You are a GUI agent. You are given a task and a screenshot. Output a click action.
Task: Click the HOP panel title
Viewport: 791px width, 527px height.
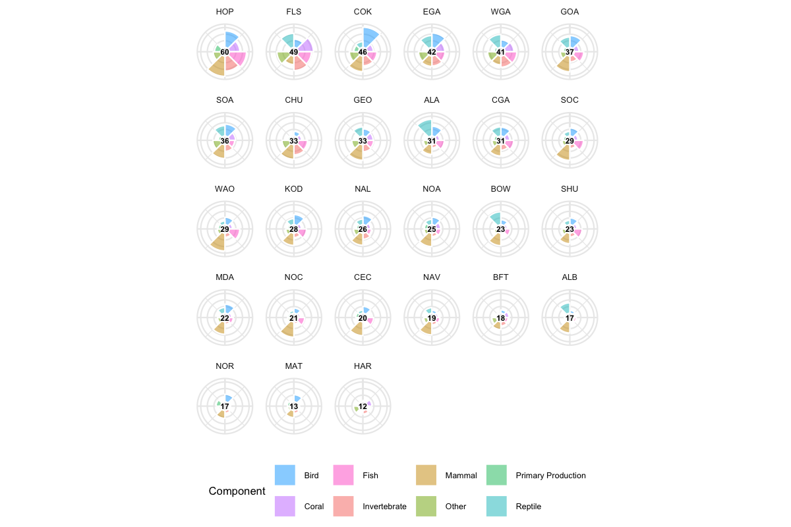[x=225, y=12]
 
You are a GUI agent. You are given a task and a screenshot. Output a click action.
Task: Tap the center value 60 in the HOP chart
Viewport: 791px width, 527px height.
[x=225, y=52]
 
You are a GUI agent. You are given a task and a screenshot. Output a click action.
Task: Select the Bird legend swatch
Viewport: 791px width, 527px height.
[x=285, y=475]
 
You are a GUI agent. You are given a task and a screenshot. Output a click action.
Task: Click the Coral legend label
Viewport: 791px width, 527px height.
[x=314, y=507]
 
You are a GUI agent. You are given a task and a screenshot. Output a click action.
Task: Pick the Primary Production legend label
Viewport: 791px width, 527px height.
[x=550, y=475]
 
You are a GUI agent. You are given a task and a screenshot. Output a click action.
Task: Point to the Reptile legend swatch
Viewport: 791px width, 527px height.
[x=496, y=507]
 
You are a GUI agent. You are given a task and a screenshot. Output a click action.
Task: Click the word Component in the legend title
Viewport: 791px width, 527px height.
[x=237, y=491]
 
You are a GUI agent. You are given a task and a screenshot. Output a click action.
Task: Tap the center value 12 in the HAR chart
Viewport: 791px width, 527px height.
[x=363, y=406]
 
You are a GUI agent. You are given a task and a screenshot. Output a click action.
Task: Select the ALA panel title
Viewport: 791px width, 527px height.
[x=432, y=100]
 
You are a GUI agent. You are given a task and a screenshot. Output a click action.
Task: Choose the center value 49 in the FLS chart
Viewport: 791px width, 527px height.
[x=294, y=52]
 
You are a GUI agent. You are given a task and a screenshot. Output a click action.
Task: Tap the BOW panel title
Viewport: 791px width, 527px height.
[x=501, y=189]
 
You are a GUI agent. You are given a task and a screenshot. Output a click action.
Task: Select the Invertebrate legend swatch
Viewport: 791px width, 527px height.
[x=343, y=507]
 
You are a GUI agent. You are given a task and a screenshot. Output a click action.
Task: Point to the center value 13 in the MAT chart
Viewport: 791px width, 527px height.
[x=294, y=406]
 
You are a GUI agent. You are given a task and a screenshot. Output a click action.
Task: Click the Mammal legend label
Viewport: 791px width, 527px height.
[x=461, y=475]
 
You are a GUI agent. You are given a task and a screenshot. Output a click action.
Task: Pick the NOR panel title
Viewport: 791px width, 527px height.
[x=225, y=366]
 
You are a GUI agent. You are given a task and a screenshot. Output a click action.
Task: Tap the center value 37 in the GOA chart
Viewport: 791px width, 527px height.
[x=570, y=52]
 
